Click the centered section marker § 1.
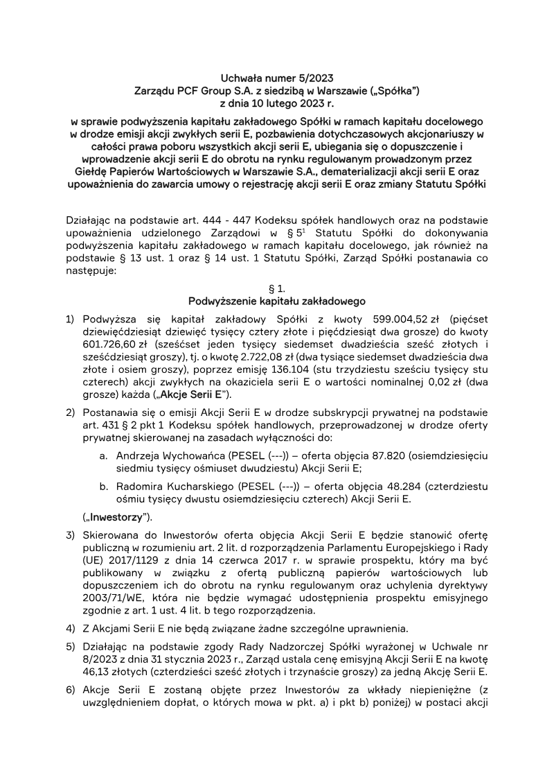(x=276, y=288)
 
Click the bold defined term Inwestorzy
(x=116, y=517)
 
